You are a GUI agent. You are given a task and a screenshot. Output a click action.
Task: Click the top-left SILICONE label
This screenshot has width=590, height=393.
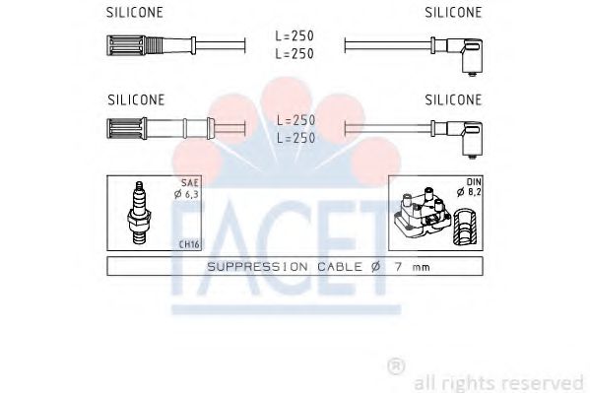[135, 12]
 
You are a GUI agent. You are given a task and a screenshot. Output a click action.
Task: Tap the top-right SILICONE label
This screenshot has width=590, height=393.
[453, 12]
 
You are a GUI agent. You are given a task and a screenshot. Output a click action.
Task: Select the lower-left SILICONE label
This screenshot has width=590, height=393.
[136, 99]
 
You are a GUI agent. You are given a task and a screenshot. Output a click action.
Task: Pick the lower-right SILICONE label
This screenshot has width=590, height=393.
[453, 99]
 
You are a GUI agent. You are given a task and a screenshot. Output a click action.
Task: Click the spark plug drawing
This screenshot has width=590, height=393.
[139, 213]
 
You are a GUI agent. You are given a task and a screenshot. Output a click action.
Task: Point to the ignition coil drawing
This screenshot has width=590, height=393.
[423, 214]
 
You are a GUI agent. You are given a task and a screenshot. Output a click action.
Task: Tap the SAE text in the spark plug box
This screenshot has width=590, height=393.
[190, 183]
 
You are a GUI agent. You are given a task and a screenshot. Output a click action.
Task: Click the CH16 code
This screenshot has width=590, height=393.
[189, 244]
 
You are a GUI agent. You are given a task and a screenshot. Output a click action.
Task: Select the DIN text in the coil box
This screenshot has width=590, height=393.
[474, 182]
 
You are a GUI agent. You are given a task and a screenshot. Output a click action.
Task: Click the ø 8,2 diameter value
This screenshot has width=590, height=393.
[469, 192]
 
